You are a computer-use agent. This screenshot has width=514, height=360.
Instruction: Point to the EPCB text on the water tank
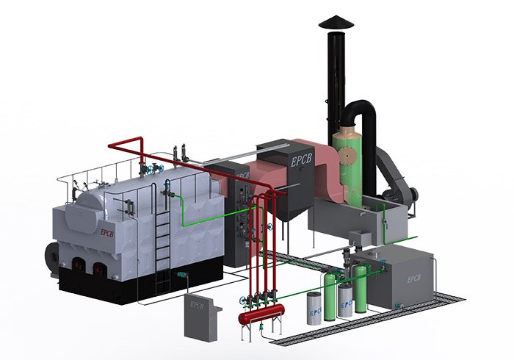[x=410, y=278]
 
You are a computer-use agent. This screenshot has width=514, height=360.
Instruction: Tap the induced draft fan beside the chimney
[x=400, y=187]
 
